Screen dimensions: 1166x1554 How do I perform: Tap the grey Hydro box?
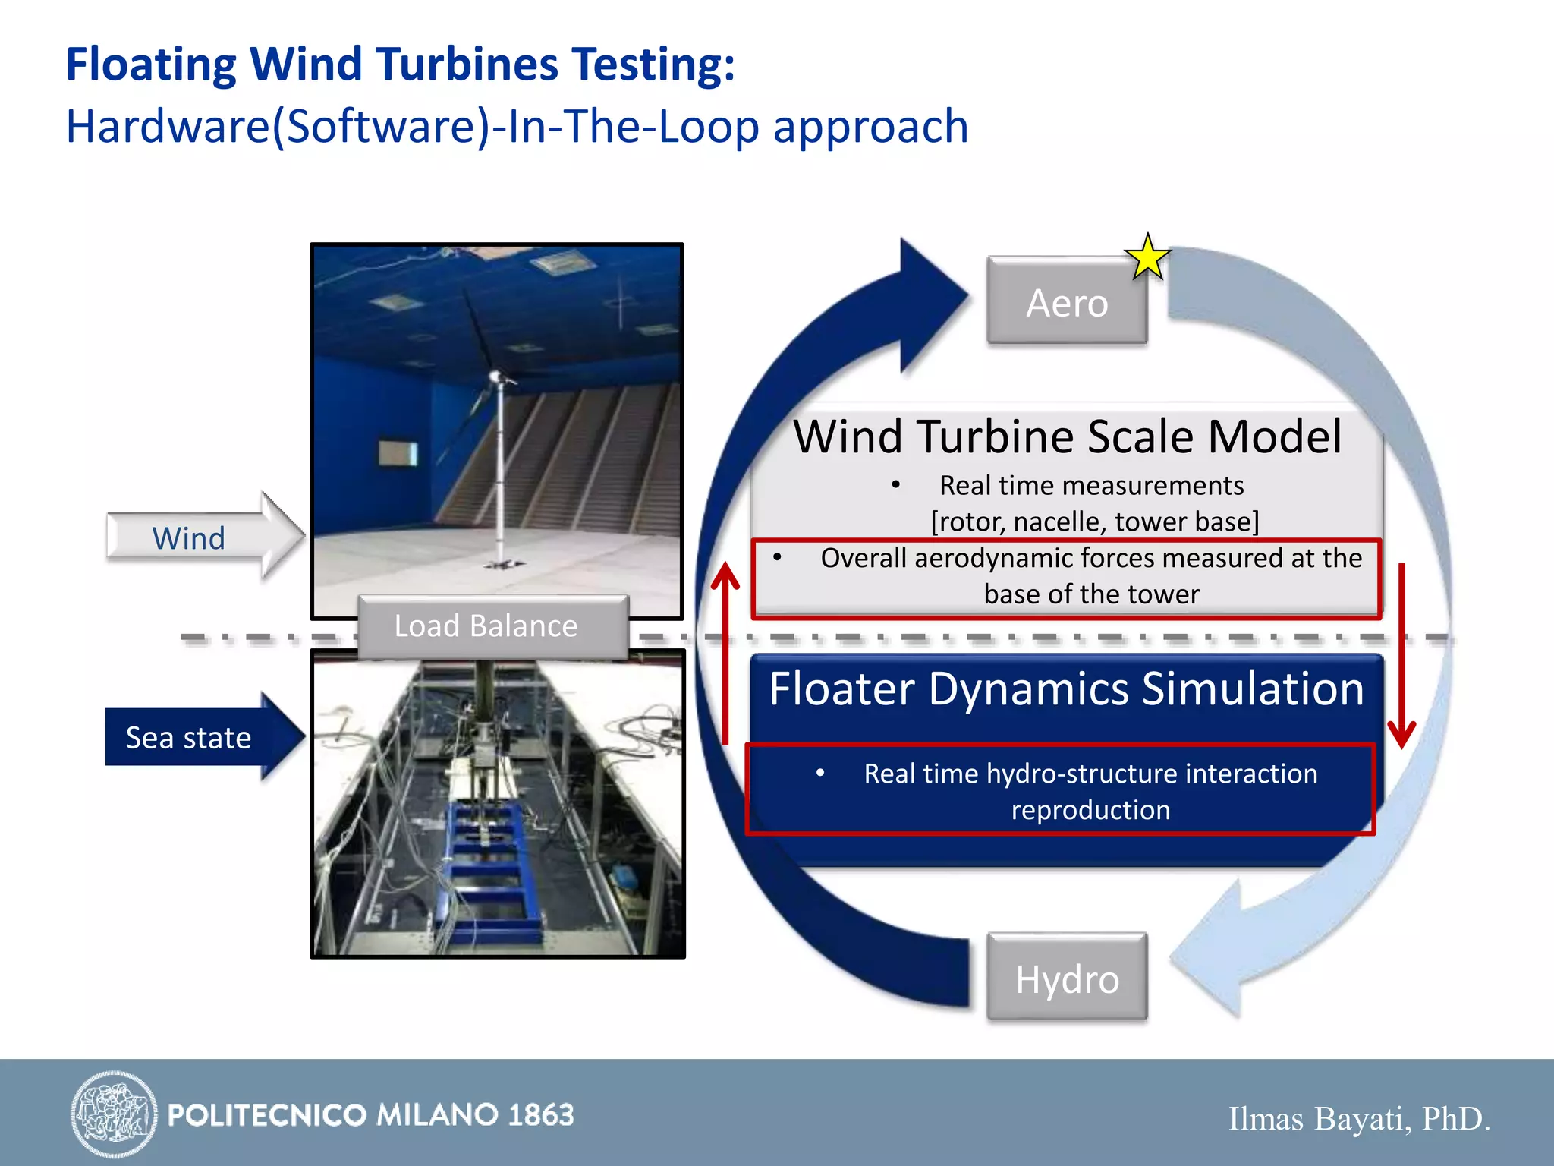pos(1067,978)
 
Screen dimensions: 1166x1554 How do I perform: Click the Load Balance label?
pos(486,626)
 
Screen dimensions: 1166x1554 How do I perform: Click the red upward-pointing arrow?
pos(725,653)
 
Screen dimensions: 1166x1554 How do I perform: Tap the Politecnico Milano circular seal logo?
pos(114,1114)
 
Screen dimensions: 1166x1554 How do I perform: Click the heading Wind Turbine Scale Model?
pos(1067,436)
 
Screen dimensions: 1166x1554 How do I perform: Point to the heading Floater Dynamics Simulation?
pos(1067,689)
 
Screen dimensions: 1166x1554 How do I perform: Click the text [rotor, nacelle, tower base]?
pos(1094,522)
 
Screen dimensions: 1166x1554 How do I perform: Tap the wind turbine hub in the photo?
pos(495,375)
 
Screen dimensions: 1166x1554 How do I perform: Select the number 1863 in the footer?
pos(541,1114)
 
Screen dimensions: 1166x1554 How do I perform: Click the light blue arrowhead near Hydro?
pos(1214,949)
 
